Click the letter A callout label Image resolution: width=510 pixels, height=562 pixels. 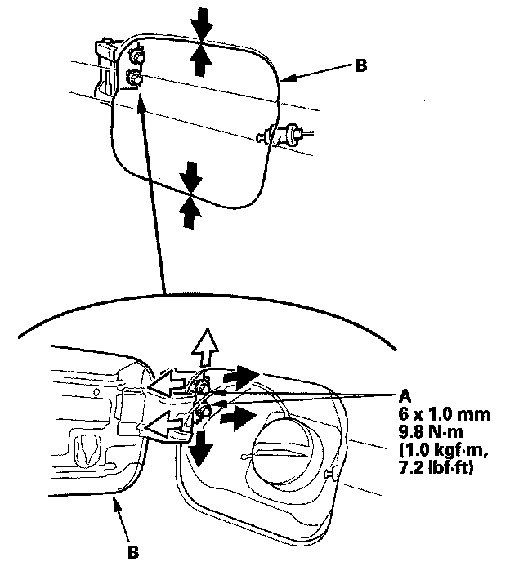(405, 395)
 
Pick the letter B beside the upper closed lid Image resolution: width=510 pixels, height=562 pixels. (360, 68)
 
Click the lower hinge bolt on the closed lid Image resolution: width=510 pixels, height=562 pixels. (135, 79)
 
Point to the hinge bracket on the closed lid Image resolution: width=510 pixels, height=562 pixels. (105, 69)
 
